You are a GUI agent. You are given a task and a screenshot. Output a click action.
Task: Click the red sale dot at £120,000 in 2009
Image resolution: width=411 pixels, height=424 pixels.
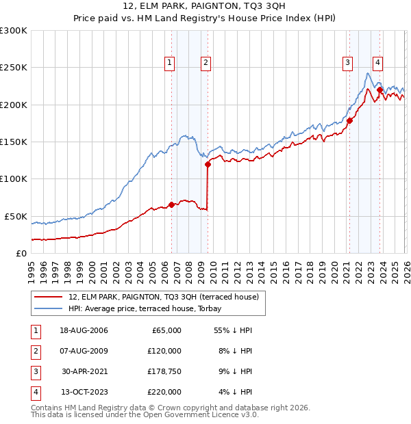point(207,164)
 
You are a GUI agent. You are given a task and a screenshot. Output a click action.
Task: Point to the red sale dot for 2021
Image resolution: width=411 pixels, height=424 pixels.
point(349,120)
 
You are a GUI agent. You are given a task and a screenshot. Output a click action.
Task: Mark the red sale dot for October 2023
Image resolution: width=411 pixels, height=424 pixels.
point(379,90)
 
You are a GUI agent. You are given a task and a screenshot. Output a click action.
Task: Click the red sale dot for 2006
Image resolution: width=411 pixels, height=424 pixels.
point(171,204)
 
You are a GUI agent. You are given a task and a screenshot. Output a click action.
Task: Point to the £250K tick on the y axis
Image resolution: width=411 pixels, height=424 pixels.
point(14,68)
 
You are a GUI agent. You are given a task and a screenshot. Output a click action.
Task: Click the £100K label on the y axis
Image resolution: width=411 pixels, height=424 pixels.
point(14,178)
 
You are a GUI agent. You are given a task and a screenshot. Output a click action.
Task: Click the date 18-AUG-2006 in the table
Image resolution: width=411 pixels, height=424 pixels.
point(84,330)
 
